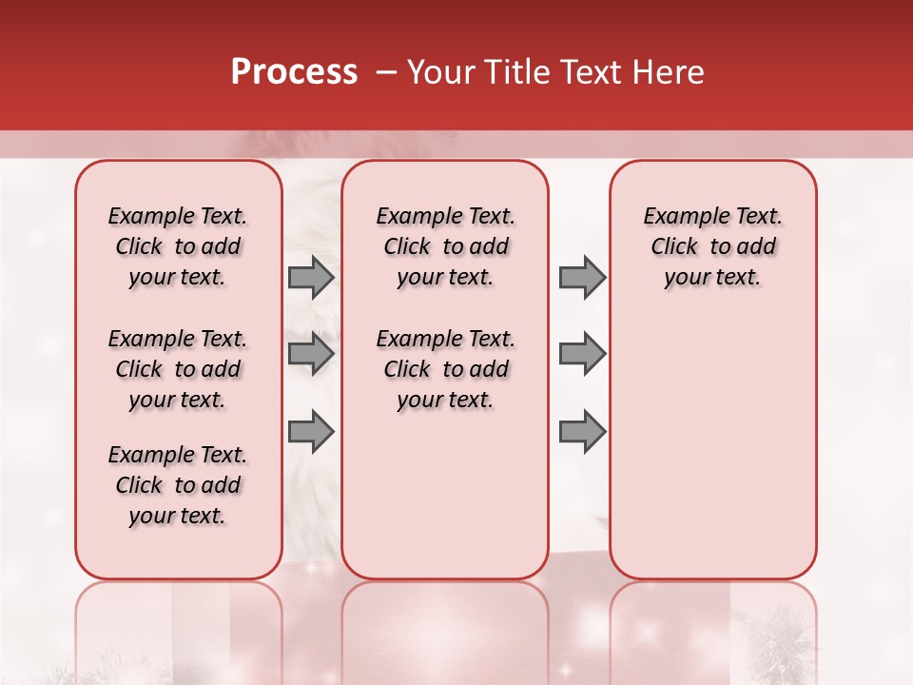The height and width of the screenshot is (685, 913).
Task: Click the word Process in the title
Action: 294,72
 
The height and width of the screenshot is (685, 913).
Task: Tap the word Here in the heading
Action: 670,72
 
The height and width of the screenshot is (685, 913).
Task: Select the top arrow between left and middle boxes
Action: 311,278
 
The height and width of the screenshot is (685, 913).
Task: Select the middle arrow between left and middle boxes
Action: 311,355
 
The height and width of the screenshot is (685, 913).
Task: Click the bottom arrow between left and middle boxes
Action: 311,431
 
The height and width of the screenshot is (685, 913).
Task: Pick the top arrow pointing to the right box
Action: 582,278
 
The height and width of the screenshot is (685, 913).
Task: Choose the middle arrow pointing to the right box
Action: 582,355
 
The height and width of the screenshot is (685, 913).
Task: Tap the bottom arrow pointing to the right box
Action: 582,431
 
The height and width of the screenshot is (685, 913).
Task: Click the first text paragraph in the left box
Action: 178,246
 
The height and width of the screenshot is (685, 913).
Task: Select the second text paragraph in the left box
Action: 178,369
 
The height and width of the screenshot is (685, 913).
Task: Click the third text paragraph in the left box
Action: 178,485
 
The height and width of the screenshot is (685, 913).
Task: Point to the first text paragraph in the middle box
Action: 445,246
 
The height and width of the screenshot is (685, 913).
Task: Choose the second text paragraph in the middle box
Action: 445,369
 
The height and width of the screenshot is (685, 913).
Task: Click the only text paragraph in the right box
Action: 712,246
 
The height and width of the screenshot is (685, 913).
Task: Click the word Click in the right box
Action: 674,247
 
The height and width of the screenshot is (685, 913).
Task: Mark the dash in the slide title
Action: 386,72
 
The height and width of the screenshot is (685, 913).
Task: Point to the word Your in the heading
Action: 440,72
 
